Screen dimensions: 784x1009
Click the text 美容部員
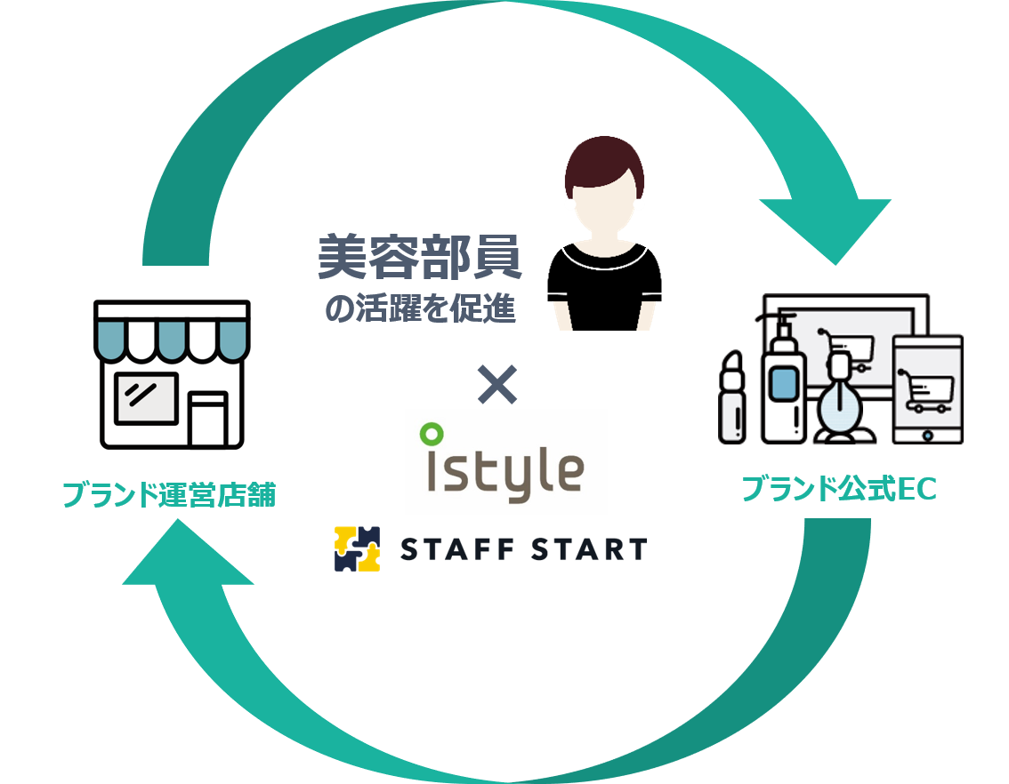pyautogui.click(x=420, y=258)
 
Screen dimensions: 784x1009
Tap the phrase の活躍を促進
pyautogui.click(x=420, y=308)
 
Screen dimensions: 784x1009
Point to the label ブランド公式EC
pyautogui.click(x=838, y=489)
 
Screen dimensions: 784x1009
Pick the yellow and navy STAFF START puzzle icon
pyautogui.click(x=357, y=548)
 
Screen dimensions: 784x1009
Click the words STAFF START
pyautogui.click(x=523, y=549)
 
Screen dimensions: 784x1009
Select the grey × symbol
pyautogui.click(x=497, y=384)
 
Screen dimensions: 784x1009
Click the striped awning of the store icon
pyautogui.click(x=172, y=334)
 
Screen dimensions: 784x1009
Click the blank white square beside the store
pyautogui.click(x=302, y=421)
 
